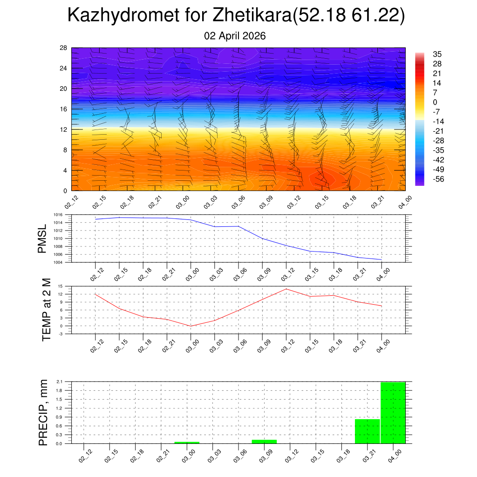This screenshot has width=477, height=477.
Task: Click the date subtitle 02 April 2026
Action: (x=235, y=36)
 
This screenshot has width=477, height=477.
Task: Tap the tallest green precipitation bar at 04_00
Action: (x=393, y=413)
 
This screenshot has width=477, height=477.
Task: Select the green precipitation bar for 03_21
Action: (x=367, y=431)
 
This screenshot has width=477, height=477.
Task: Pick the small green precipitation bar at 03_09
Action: (x=264, y=441)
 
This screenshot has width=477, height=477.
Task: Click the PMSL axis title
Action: (x=42, y=238)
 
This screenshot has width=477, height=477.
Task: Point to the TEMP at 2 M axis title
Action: (x=46, y=309)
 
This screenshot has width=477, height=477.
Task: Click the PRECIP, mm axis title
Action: (x=43, y=412)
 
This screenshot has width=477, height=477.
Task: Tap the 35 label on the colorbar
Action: (x=437, y=54)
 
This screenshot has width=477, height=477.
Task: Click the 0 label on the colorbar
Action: (x=435, y=102)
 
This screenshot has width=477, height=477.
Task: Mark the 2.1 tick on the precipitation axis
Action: (x=59, y=382)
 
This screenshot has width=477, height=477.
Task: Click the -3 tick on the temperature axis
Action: (x=61, y=334)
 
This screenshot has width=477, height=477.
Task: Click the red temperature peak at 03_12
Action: (x=286, y=289)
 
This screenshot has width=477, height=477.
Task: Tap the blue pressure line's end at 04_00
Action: (x=382, y=259)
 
